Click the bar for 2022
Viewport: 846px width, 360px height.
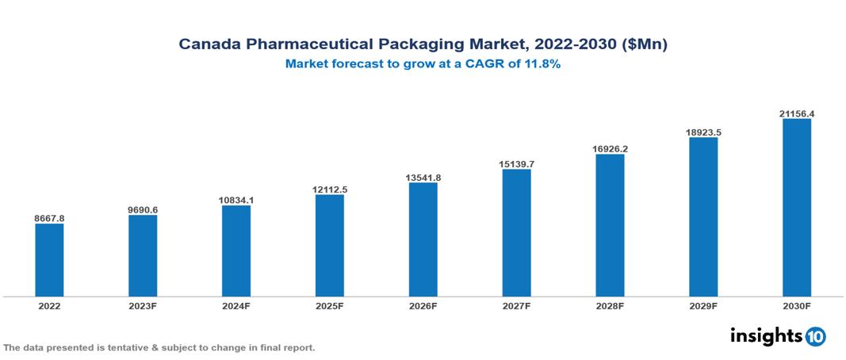pyautogui.click(x=49, y=260)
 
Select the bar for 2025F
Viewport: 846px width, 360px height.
pyautogui.click(x=330, y=246)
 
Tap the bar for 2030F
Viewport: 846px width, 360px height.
pyautogui.click(x=797, y=209)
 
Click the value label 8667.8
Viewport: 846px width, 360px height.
pyautogui.click(x=49, y=216)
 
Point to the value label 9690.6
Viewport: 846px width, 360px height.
pyautogui.click(x=143, y=209)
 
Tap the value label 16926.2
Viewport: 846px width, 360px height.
pyautogui.click(x=610, y=147)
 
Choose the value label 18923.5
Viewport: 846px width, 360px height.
pyautogui.click(x=703, y=132)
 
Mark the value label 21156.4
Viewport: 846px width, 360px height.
pyautogui.click(x=797, y=113)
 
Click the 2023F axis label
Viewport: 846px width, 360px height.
pyautogui.click(x=143, y=305)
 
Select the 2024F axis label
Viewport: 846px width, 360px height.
pyautogui.click(x=236, y=305)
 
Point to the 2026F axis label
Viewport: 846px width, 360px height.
pyautogui.click(x=423, y=305)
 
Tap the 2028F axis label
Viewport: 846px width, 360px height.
pyautogui.click(x=610, y=305)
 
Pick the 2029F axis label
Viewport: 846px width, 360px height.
pyautogui.click(x=703, y=305)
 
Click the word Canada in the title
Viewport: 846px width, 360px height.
pyautogui.click(x=206, y=45)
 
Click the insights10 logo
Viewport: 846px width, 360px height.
pyautogui.click(x=778, y=336)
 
